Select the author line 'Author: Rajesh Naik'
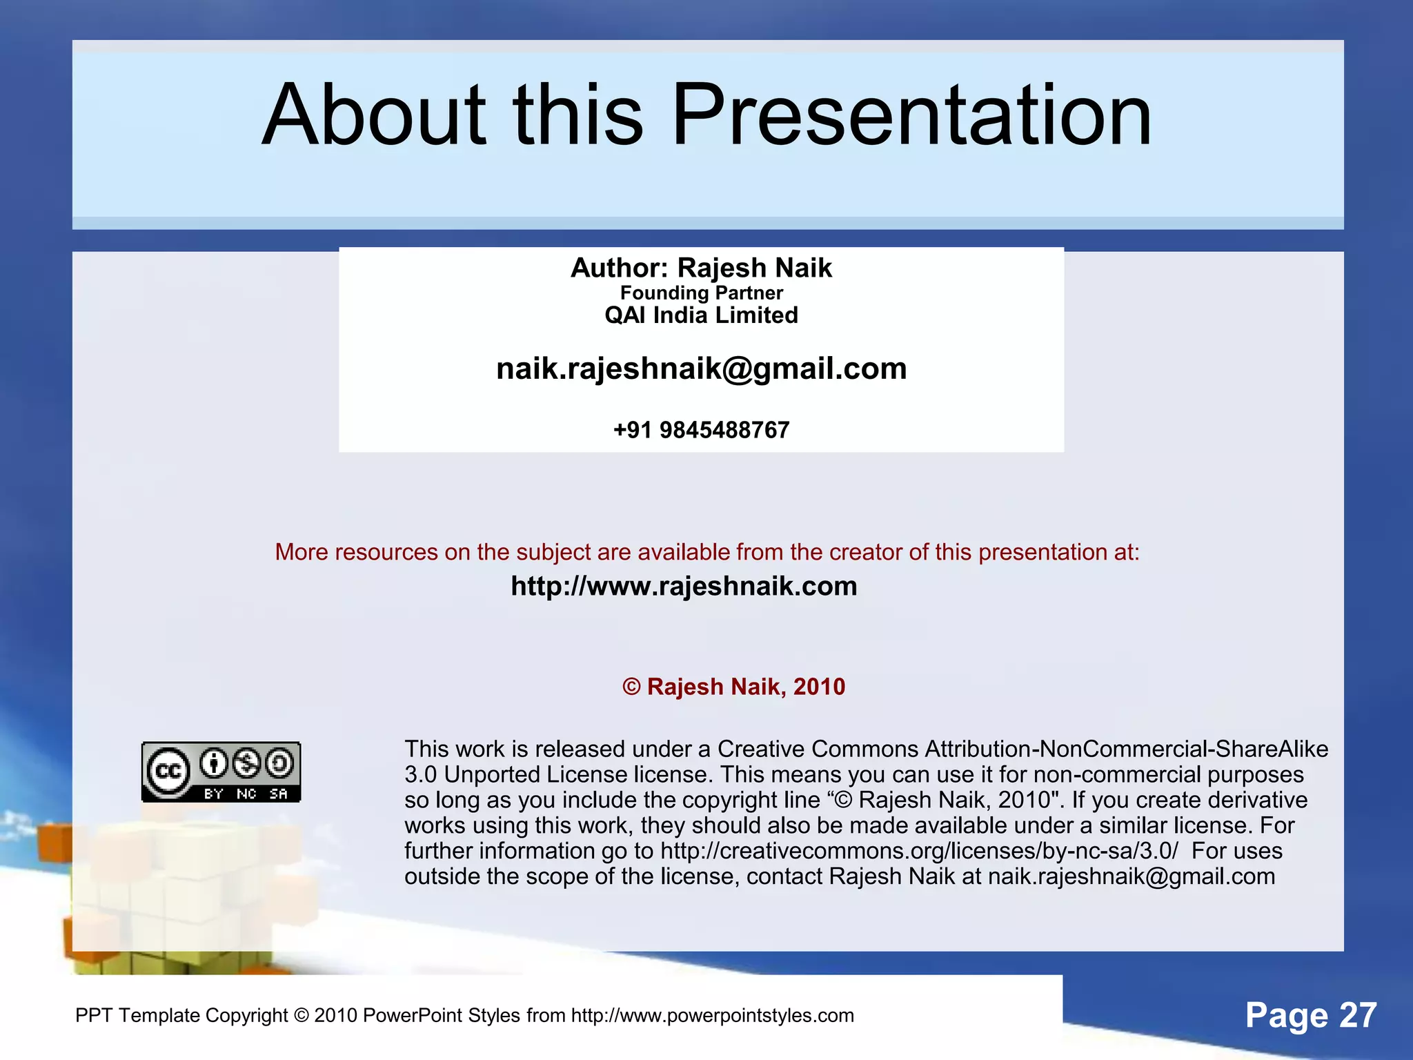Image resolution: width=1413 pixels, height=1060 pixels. click(x=701, y=268)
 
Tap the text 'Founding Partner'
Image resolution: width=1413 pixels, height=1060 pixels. click(x=701, y=293)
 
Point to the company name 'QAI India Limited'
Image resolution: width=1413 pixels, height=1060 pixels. click(x=701, y=315)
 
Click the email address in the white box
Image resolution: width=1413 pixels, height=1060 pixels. click(x=701, y=369)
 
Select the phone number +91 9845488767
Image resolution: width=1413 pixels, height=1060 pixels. click(x=701, y=430)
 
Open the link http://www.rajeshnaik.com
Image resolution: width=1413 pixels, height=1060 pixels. click(x=684, y=586)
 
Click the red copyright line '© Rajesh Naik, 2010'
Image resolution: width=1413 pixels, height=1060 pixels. click(x=733, y=687)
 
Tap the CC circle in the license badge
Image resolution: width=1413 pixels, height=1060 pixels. click(x=168, y=771)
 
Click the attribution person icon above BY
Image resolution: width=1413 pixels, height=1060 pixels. click(x=214, y=763)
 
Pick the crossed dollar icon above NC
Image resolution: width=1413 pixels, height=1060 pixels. click(x=246, y=763)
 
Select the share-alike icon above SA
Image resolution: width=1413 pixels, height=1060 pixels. click(x=279, y=763)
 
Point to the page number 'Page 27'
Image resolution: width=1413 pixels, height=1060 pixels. click(x=1311, y=1015)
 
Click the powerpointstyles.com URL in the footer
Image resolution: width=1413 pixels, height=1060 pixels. click(x=712, y=1015)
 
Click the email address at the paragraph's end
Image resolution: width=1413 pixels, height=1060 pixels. click(x=1132, y=876)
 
